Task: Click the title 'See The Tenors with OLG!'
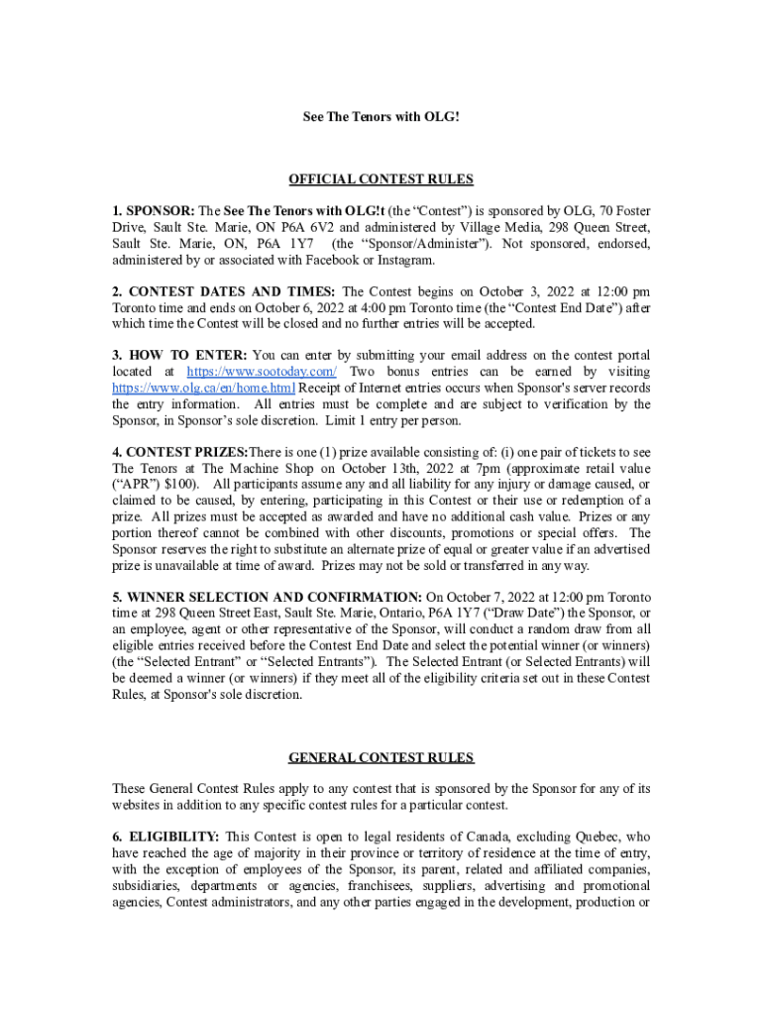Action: (x=381, y=117)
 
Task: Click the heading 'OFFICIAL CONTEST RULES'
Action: (x=381, y=179)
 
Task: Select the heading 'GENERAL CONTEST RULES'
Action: (x=381, y=758)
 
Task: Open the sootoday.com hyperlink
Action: (x=262, y=371)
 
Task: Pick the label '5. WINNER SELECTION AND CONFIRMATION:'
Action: (x=267, y=598)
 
